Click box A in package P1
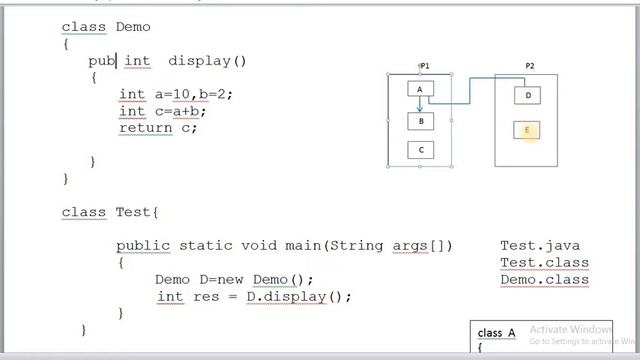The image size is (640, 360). tap(420, 89)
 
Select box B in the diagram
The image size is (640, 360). tap(420, 121)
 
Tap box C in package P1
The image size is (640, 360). tap(420, 150)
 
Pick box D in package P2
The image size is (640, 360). tap(527, 96)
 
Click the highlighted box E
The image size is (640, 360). tap(527, 130)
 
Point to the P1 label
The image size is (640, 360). tap(425, 66)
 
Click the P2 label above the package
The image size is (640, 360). tap(529, 66)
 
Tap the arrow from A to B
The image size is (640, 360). tap(420, 105)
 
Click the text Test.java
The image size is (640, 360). tap(540, 246)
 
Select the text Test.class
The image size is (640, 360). tap(544, 263)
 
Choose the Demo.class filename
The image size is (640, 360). tap(544, 280)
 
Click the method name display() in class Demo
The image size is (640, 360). tap(207, 61)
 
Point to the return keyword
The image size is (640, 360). tap(144, 128)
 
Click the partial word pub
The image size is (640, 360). tap(102, 61)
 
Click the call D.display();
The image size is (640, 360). tap(299, 297)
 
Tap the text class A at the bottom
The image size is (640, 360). tap(497, 333)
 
